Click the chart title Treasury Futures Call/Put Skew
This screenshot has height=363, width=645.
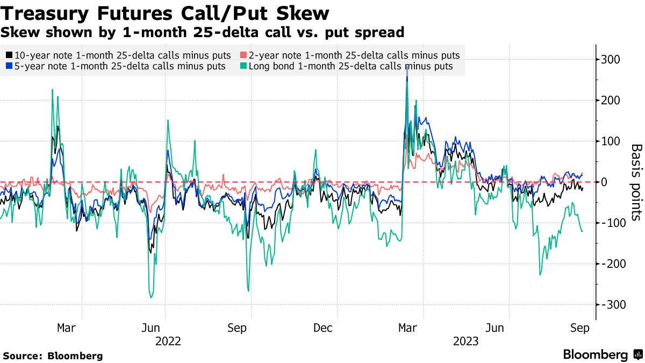(x=165, y=13)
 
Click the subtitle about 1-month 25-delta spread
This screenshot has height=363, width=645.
(x=203, y=32)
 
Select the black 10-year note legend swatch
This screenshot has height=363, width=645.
(x=9, y=55)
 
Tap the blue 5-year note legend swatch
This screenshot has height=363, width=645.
(x=9, y=66)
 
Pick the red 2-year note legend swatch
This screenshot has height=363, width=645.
(x=243, y=55)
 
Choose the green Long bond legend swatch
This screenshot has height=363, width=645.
(x=243, y=66)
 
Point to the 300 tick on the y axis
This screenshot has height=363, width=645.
(x=613, y=60)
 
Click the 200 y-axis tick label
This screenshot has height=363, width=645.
(x=613, y=101)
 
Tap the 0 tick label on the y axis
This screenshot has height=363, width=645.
(x=606, y=182)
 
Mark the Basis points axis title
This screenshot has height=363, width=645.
(x=636, y=182)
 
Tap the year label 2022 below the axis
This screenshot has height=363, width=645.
(x=168, y=341)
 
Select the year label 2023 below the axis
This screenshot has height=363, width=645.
(x=465, y=341)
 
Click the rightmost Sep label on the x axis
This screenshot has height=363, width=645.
(x=580, y=328)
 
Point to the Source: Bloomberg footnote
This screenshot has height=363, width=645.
(x=53, y=355)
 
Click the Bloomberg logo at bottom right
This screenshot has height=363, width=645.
(x=602, y=355)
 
